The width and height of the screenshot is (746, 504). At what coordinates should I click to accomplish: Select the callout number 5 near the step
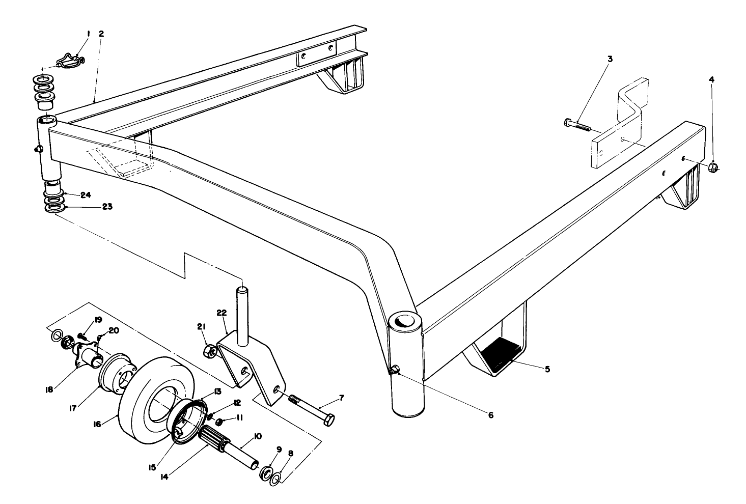tap(547, 369)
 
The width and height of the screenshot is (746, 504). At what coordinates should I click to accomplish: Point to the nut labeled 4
tap(713, 167)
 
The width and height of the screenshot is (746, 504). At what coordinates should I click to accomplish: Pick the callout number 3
tap(610, 59)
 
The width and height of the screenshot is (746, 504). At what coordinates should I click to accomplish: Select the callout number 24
tap(85, 194)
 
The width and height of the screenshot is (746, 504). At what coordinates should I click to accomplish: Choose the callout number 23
tap(85, 207)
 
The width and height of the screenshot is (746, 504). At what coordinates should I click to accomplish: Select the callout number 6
tap(490, 415)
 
